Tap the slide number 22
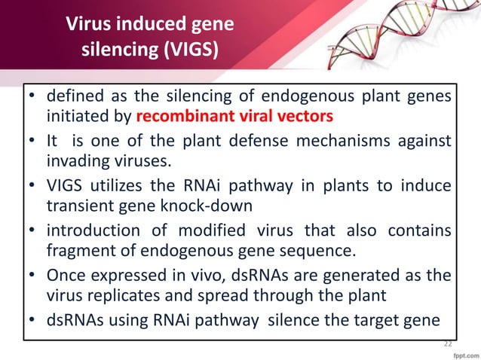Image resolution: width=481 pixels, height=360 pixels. tap(448, 343)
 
